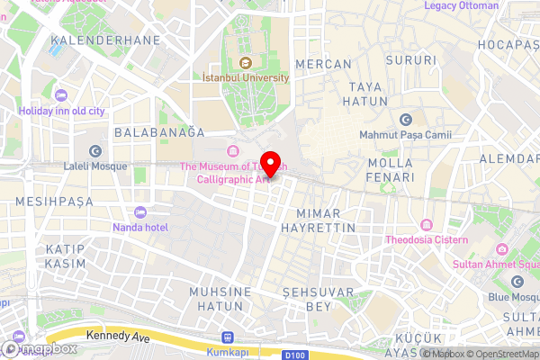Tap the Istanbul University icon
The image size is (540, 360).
click(246, 62)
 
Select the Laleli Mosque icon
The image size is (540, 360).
click(95, 151)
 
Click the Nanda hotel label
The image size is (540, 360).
click(139, 228)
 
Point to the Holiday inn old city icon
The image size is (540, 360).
click(61, 95)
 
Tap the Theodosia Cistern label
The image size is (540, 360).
click(427, 239)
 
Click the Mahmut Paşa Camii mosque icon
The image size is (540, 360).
click(405, 120)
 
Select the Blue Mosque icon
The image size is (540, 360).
click(517, 282)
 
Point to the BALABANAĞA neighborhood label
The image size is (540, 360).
click(154, 132)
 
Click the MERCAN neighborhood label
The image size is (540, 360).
click(322, 64)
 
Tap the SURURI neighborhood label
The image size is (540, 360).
click(404, 61)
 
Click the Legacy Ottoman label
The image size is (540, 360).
click(461, 5)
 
